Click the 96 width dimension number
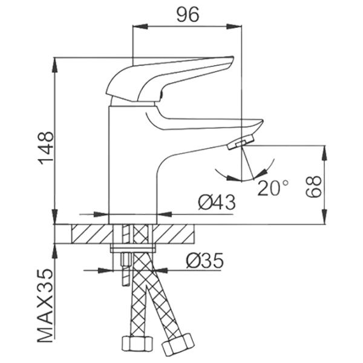click(x=188, y=15)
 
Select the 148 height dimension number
click(x=46, y=148)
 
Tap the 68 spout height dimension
click(x=313, y=186)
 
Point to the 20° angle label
click(x=273, y=188)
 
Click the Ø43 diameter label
click(x=217, y=202)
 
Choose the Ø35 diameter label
click(x=205, y=260)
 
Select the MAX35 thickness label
click(x=45, y=306)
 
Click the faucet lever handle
click(x=169, y=79)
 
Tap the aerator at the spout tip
click(x=241, y=142)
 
